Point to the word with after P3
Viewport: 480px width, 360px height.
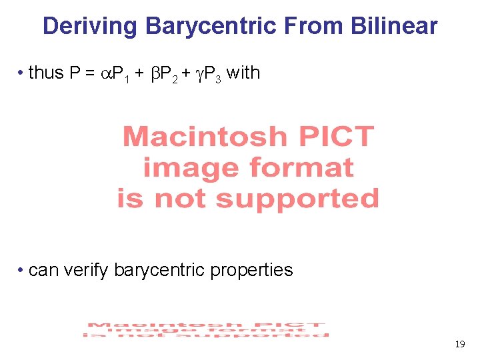(x=243, y=73)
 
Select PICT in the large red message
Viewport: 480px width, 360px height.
(x=336, y=137)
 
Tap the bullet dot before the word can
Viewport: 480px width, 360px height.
(x=22, y=270)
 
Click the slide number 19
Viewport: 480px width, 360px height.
(x=459, y=345)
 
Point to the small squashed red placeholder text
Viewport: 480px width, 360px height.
(x=206, y=329)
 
